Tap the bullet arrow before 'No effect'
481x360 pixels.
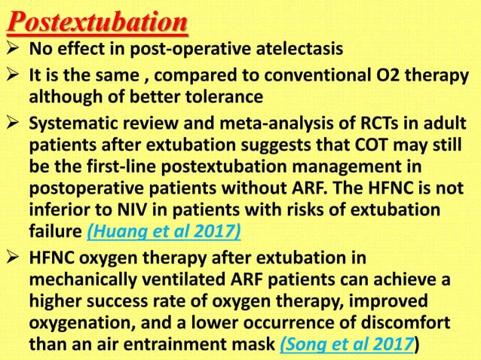coord(14,52)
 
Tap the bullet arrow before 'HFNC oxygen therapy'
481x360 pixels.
coord(14,258)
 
